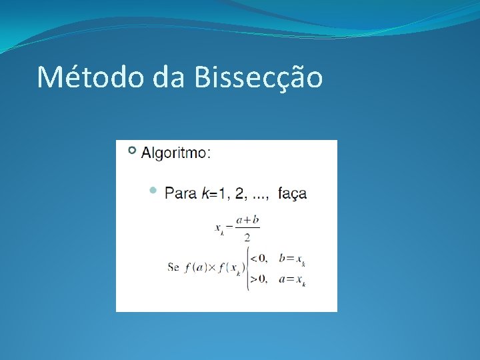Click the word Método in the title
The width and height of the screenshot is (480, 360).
click(90, 77)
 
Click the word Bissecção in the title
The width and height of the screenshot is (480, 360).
click(259, 78)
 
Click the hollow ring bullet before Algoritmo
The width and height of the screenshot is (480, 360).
click(132, 151)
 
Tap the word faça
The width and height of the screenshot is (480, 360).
click(292, 194)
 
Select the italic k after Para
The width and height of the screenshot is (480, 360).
click(204, 193)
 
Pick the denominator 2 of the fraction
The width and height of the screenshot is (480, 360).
click(247, 237)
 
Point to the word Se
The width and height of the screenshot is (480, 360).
click(173, 267)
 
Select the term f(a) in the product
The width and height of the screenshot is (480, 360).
click(197, 267)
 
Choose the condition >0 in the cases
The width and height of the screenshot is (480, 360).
click(259, 279)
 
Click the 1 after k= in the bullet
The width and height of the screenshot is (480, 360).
click(221, 193)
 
